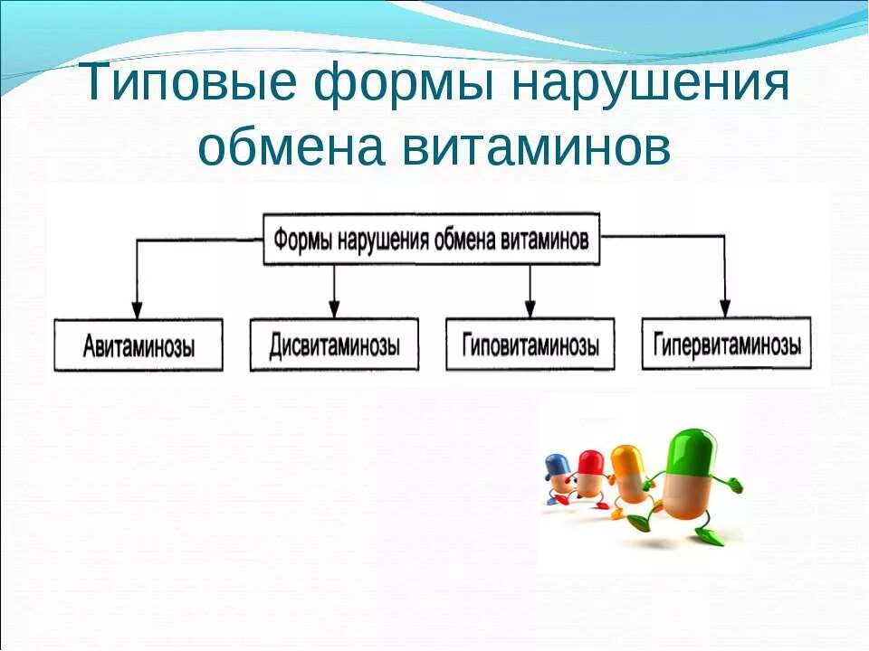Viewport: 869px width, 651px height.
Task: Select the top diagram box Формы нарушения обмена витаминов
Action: click(432, 240)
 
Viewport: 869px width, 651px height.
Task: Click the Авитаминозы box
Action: click(138, 345)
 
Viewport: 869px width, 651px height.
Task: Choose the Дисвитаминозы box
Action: click(334, 344)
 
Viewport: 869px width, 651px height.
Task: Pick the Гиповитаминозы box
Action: click(530, 344)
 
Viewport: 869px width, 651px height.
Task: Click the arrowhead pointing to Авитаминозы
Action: click(137, 307)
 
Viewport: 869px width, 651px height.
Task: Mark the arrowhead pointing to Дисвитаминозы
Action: click(334, 307)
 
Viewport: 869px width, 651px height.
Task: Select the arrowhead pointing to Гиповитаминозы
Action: click(530, 307)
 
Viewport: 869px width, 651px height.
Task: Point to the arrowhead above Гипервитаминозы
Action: click(724, 307)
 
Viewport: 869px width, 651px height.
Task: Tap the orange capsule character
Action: click(627, 475)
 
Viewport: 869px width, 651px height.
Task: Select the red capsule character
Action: click(591, 475)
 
